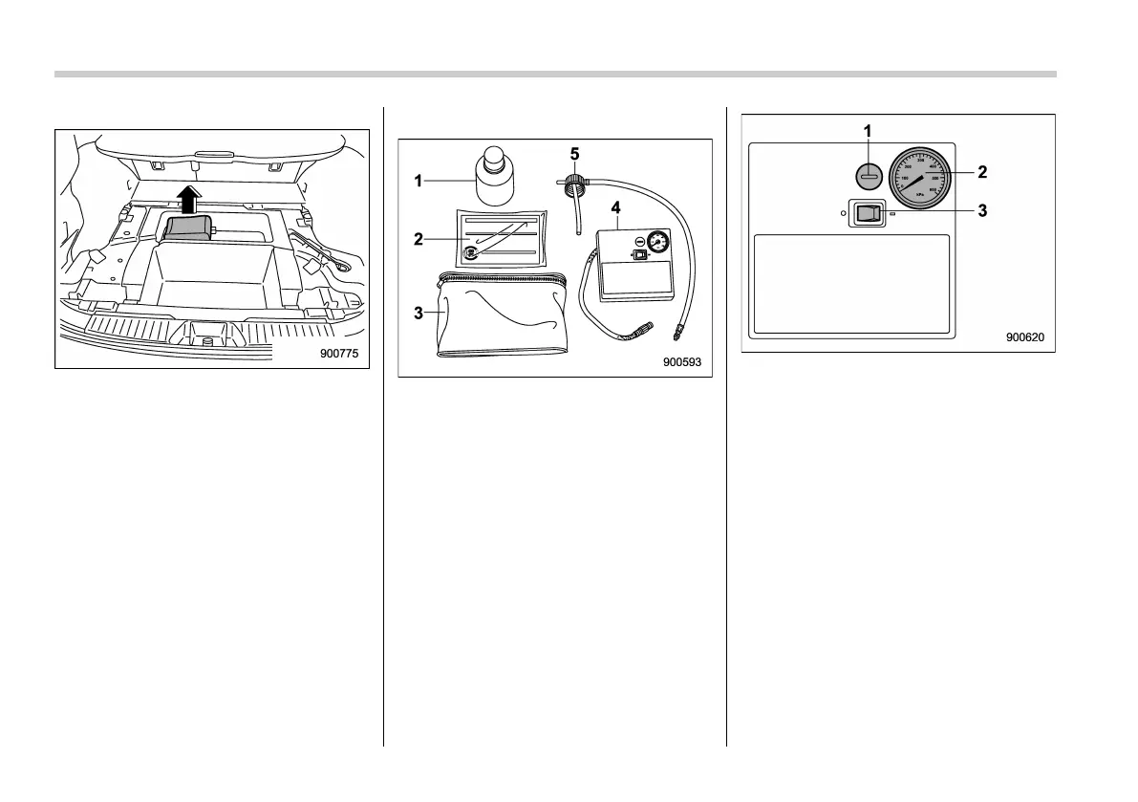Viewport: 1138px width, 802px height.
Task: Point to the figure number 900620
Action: tap(1024, 337)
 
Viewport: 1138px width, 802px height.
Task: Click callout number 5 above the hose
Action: tap(574, 153)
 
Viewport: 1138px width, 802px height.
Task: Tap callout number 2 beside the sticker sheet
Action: tap(419, 239)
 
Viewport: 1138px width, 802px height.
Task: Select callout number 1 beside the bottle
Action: tap(419, 180)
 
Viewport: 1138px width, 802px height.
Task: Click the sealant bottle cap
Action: tap(494, 155)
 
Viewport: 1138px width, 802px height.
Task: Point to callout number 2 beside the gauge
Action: tap(981, 172)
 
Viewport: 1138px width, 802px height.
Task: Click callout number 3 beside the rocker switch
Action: tap(981, 212)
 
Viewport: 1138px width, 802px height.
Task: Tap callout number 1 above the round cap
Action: tap(868, 130)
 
